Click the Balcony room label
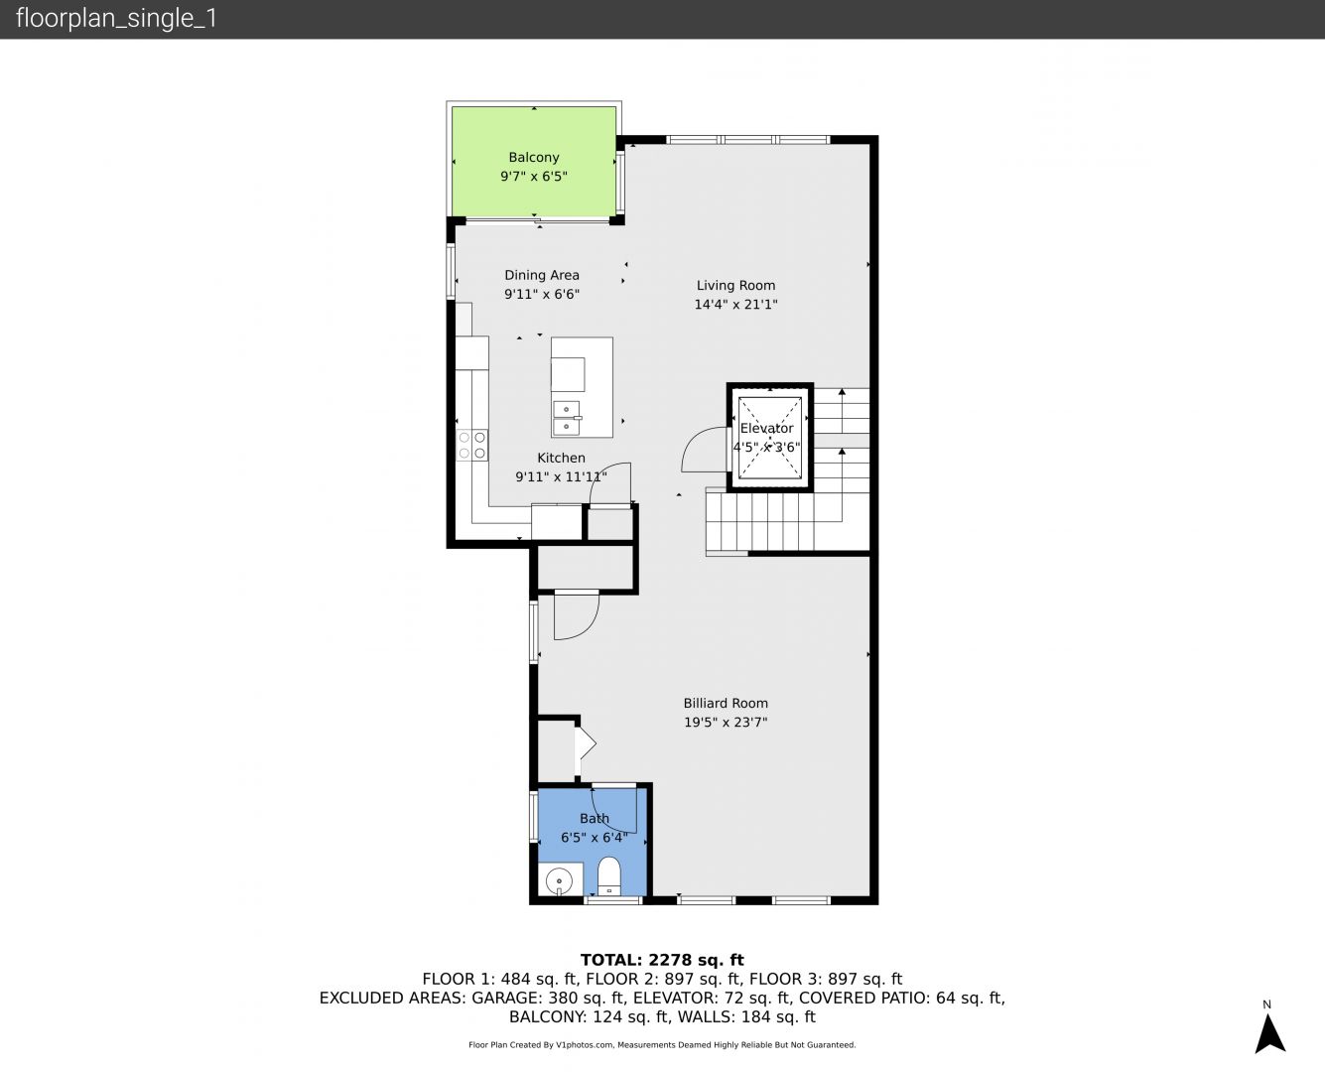pyautogui.click(x=534, y=158)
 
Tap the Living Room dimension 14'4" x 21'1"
pyautogui.click(x=735, y=305)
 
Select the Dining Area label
pyautogui.click(x=542, y=275)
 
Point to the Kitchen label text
pyautogui.click(x=561, y=458)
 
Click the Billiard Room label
pyautogui.click(x=726, y=703)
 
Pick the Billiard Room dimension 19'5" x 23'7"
pyautogui.click(x=726, y=722)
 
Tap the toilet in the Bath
pyautogui.click(x=609, y=876)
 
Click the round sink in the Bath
pyautogui.click(x=560, y=881)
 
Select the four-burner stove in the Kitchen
pyautogui.click(x=472, y=445)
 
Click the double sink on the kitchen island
pyautogui.click(x=566, y=418)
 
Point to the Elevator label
pyautogui.click(x=766, y=428)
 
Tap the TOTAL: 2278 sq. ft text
pyautogui.click(x=663, y=960)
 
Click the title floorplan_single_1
pyautogui.click(x=116, y=19)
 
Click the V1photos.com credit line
pyautogui.click(x=662, y=1044)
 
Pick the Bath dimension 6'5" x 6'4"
pyautogui.click(x=595, y=838)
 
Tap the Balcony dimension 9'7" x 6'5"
pyautogui.click(x=534, y=176)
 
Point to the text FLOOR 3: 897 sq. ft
pyautogui.click(x=826, y=980)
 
